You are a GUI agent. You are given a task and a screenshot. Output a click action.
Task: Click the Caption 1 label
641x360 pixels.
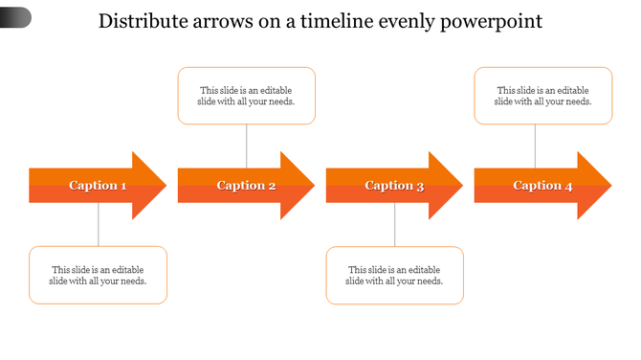click(x=98, y=186)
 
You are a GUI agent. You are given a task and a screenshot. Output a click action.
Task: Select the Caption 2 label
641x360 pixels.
click(x=246, y=186)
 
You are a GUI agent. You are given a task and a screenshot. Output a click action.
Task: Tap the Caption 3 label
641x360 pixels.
click(x=394, y=186)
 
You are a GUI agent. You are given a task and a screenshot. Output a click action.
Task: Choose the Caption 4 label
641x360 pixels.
click(x=542, y=186)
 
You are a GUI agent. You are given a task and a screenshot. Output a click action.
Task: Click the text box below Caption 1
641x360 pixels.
click(x=99, y=276)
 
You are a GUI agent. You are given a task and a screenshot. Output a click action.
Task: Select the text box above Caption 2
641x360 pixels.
click(x=247, y=96)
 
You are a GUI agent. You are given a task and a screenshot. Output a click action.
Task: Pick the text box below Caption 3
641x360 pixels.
click(x=395, y=276)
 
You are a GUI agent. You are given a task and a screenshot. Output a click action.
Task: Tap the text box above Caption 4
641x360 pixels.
click(x=543, y=96)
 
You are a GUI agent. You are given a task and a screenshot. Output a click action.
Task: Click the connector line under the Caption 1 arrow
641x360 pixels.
click(x=99, y=225)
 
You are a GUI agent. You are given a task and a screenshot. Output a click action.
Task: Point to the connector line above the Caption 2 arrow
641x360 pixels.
click(x=247, y=146)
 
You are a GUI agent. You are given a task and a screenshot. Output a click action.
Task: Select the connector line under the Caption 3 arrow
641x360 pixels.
click(x=395, y=225)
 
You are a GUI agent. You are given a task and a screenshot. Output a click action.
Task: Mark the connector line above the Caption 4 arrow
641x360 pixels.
click(x=535, y=146)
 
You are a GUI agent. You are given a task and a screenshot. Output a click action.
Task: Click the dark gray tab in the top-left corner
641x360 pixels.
click(x=14, y=16)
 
